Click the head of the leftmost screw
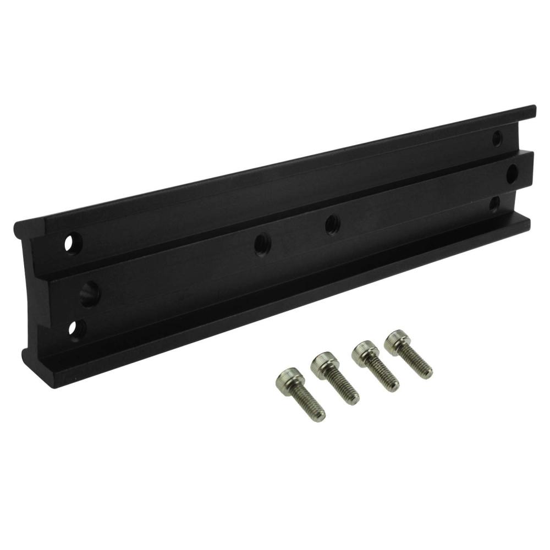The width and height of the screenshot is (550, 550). (x=288, y=380)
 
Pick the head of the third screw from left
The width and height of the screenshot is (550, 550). (x=364, y=353)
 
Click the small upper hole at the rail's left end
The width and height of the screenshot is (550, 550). (x=73, y=243)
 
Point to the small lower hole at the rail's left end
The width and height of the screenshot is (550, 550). (x=74, y=328)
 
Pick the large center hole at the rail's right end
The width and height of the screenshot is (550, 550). (x=512, y=174)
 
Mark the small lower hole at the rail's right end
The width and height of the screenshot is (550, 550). (x=494, y=204)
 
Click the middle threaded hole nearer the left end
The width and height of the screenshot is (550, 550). (x=262, y=244)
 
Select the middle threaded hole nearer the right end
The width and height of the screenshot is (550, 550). (x=332, y=224)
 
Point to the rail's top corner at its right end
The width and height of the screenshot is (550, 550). (x=534, y=107)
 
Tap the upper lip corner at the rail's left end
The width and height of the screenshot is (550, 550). (x=16, y=226)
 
